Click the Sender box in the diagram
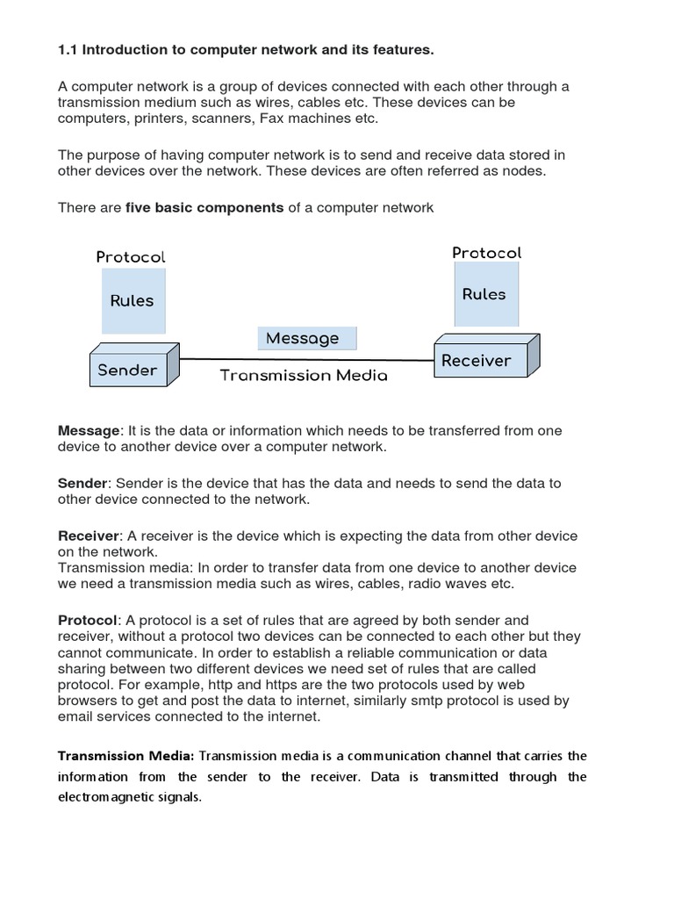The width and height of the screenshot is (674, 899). (127, 370)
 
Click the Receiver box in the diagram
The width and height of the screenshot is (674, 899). (476, 360)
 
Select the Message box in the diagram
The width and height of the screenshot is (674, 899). (303, 338)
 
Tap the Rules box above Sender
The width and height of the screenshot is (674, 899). (132, 300)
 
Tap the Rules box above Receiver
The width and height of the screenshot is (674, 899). (484, 294)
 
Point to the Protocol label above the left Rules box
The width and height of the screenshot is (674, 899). (131, 257)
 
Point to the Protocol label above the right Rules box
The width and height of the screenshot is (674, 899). (487, 253)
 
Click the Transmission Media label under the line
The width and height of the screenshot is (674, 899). (303, 376)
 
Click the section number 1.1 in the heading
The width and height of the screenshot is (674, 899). (68, 50)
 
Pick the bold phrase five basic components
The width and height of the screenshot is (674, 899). (204, 207)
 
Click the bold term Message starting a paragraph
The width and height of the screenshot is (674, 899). (88, 430)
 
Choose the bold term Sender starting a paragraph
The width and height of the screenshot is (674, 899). (82, 483)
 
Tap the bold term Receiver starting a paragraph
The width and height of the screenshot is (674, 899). (88, 536)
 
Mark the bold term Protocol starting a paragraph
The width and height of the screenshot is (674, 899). (86, 620)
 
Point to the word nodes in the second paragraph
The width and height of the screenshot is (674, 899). (527, 170)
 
